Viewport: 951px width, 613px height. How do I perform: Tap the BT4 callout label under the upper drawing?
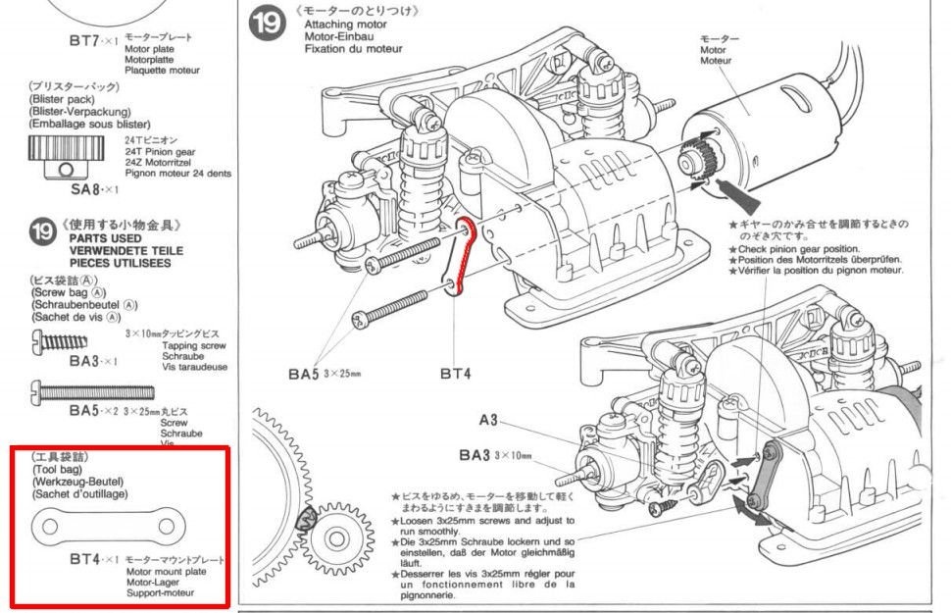click(x=457, y=373)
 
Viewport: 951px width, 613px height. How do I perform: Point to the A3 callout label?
click(x=489, y=421)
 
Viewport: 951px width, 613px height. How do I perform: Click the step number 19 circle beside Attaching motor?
click(x=265, y=25)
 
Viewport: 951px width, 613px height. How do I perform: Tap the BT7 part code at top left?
click(x=85, y=42)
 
